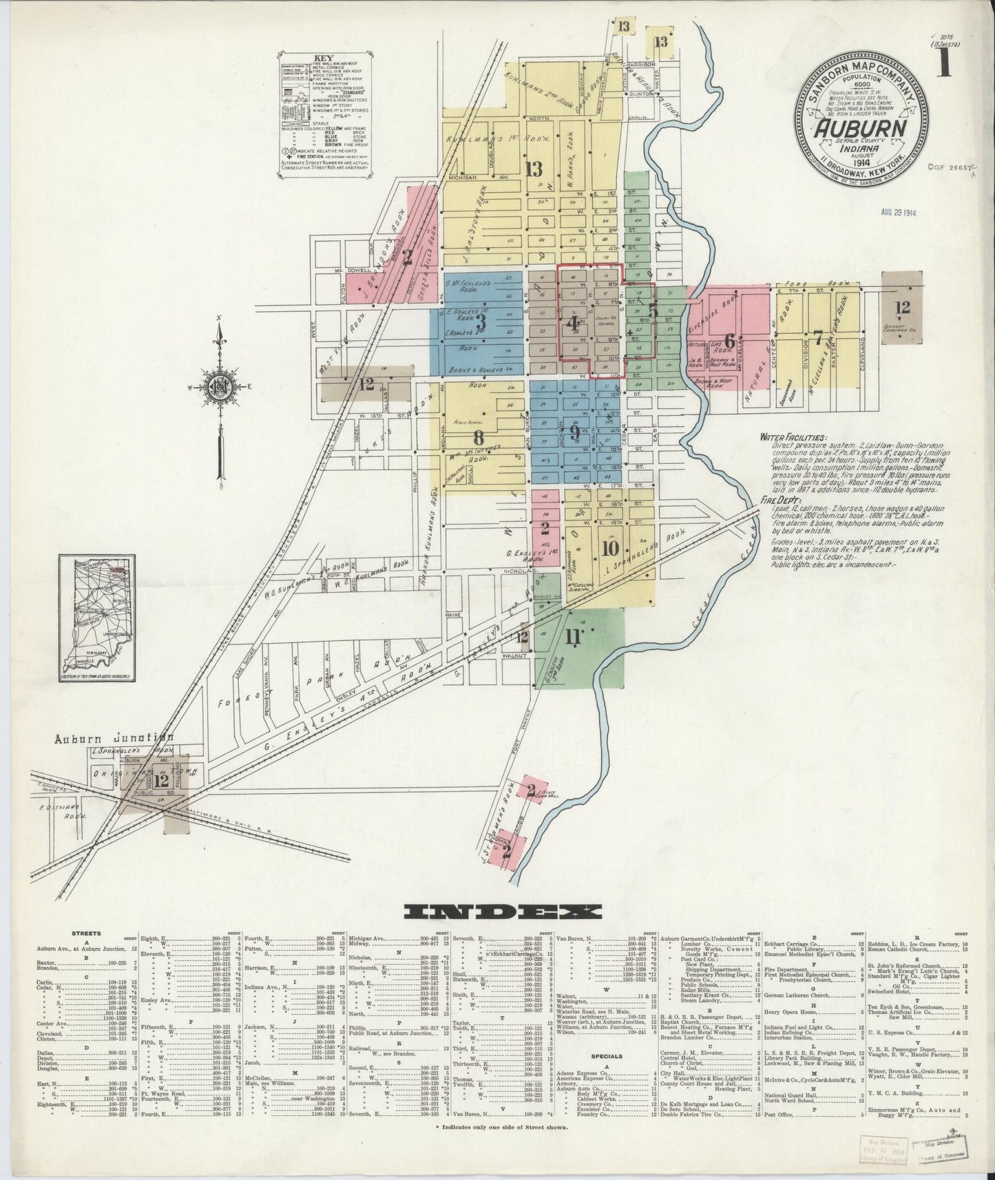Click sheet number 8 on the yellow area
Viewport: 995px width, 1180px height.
pos(479,437)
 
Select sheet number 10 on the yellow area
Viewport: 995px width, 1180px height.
pos(609,549)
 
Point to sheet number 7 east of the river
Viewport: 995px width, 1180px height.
pos(817,337)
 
